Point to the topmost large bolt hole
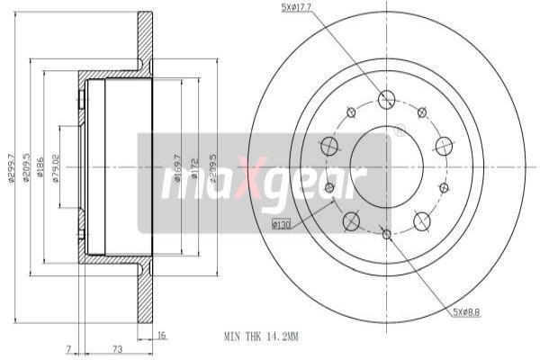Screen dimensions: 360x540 pyautogui.click(x=387, y=99)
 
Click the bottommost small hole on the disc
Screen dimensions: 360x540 pyautogui.click(x=387, y=234)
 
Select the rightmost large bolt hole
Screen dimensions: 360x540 pyautogui.click(x=444, y=146)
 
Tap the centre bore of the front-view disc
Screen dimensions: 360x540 pyautogui.click(x=387, y=166)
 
